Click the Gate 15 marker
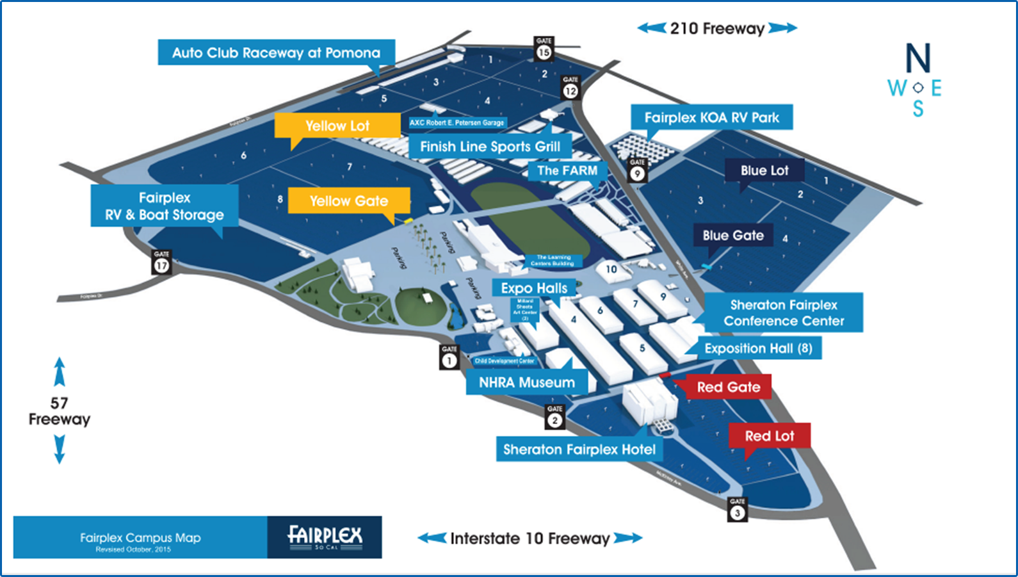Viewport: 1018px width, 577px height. tap(544, 49)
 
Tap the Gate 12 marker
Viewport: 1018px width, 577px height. tap(570, 88)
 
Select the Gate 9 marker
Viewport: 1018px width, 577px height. tap(637, 170)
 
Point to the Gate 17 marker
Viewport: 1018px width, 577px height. tap(161, 262)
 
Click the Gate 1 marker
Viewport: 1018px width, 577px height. tap(449, 357)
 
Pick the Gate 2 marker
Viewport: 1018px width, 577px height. tap(554, 417)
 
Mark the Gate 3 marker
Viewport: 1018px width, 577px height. tap(738, 510)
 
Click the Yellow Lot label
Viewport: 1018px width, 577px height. tap(337, 126)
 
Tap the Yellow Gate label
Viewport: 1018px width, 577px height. tap(349, 200)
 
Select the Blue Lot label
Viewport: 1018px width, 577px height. tap(764, 170)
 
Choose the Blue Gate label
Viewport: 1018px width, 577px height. tap(733, 235)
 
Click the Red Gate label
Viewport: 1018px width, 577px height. tap(729, 387)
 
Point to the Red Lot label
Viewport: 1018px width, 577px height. tap(770, 436)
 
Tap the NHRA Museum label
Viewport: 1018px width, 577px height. tap(527, 382)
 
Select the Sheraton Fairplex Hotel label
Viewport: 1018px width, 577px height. tap(579, 449)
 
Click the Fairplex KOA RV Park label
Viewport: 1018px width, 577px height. tap(712, 117)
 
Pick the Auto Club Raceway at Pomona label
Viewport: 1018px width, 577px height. tap(276, 53)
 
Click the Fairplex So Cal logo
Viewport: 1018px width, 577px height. tap(325, 537)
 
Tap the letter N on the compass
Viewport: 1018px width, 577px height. tap(917, 58)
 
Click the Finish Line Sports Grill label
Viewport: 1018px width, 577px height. tap(490, 146)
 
